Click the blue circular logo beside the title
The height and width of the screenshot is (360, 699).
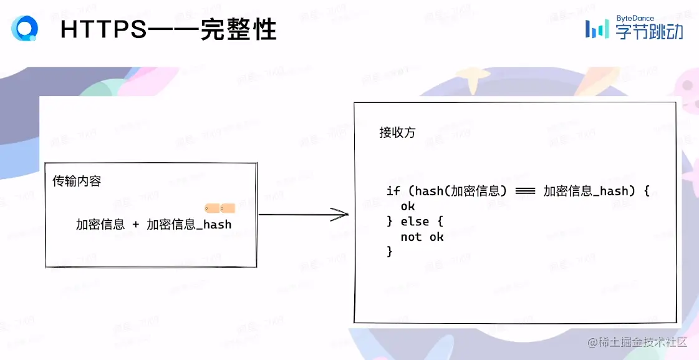pos(24,28)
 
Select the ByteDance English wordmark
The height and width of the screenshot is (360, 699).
pos(635,18)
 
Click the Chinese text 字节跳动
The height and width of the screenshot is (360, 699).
pos(649,32)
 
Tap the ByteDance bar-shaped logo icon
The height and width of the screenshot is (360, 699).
pos(597,29)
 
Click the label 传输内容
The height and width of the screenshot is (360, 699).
pos(76,182)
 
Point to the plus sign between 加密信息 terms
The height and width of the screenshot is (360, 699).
pos(136,225)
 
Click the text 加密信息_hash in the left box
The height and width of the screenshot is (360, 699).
pos(189,225)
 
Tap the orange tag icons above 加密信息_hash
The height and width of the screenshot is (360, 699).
pos(219,208)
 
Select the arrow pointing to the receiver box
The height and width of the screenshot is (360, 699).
pos(303,215)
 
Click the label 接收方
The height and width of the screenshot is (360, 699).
pos(397,133)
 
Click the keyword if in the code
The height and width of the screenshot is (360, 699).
pos(393,191)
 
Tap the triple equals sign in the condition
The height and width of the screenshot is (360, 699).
pos(526,191)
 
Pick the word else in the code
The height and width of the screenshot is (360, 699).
pos(415,221)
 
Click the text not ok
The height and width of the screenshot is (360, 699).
pos(422,237)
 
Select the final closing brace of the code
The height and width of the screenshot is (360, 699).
pos(390,251)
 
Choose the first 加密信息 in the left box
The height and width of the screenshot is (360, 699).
pos(100,225)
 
